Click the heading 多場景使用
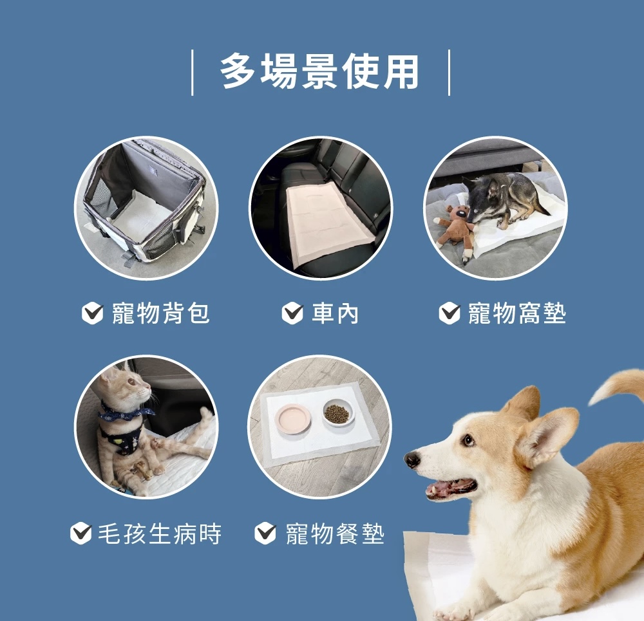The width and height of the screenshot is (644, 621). [319, 72]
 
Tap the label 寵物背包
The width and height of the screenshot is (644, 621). [161, 313]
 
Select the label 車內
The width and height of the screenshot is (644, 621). [335, 313]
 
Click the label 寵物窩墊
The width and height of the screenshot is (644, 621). [517, 313]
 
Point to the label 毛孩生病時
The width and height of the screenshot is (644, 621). [159, 533]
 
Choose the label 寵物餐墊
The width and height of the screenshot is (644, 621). [335, 533]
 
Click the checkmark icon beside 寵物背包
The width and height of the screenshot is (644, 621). [92, 313]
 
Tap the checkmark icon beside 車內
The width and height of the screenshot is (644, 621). [292, 313]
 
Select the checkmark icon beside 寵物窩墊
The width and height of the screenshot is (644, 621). [450, 313]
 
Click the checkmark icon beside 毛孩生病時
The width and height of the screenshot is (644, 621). [80, 533]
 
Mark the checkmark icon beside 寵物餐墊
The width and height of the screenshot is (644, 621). [265, 533]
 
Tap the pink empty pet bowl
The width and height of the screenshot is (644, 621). [293, 418]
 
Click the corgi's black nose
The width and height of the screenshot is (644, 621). [412, 460]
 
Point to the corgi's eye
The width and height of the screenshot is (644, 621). [469, 440]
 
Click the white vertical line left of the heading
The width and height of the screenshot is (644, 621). [192, 73]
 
